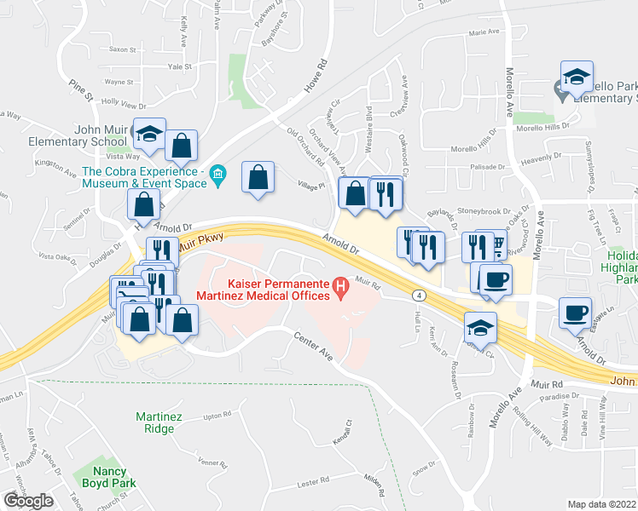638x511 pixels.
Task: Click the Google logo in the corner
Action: pyautogui.click(x=28, y=500)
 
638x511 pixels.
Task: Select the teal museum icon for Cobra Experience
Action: pyautogui.click(x=217, y=176)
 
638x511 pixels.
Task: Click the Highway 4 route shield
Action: pyautogui.click(x=418, y=295)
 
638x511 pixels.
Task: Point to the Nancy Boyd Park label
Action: pyautogui.click(x=104, y=476)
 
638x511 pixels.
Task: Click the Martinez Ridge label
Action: pyautogui.click(x=154, y=422)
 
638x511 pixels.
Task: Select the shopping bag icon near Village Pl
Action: pyautogui.click(x=258, y=177)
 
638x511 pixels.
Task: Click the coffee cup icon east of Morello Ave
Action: pyautogui.click(x=575, y=312)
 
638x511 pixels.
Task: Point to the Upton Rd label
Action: pyautogui.click(x=217, y=416)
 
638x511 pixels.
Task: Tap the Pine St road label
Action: pyautogui.click(x=82, y=88)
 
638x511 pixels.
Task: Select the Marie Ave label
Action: pyautogui.click(x=484, y=32)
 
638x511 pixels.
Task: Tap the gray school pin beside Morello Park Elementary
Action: pyautogui.click(x=560, y=88)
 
